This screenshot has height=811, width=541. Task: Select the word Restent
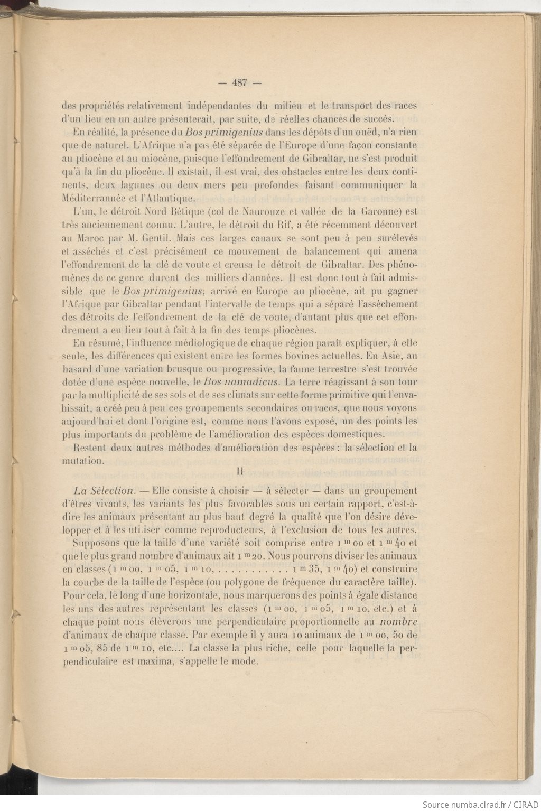pos(90,448)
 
